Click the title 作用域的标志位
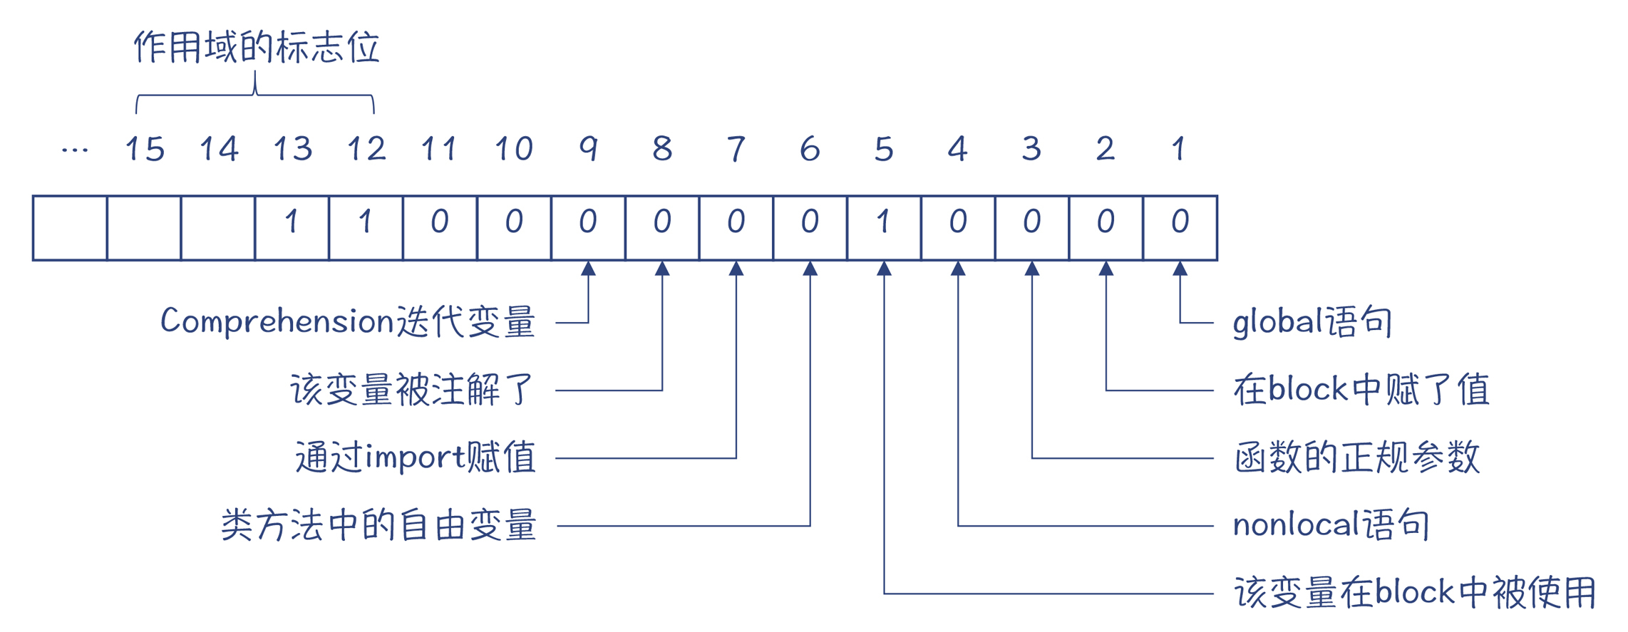pos(257,48)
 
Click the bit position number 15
pos(145,149)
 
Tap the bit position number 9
pos(588,149)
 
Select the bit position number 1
pos(1179,149)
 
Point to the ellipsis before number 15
pos(75,150)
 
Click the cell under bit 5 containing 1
pos(884,228)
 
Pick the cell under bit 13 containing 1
pos(292,228)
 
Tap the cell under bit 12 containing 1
pos(366,228)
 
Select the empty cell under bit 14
pos(217,228)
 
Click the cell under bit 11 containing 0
pos(440,228)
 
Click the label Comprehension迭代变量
pos(348,321)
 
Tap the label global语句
pos(1312,321)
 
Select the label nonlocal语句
pos(1331,525)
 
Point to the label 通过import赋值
pos(416,457)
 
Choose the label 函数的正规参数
pos(1357,457)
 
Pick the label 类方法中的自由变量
pos(378,525)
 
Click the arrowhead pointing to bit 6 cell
pos(810,269)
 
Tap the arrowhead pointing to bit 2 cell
pos(1106,269)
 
